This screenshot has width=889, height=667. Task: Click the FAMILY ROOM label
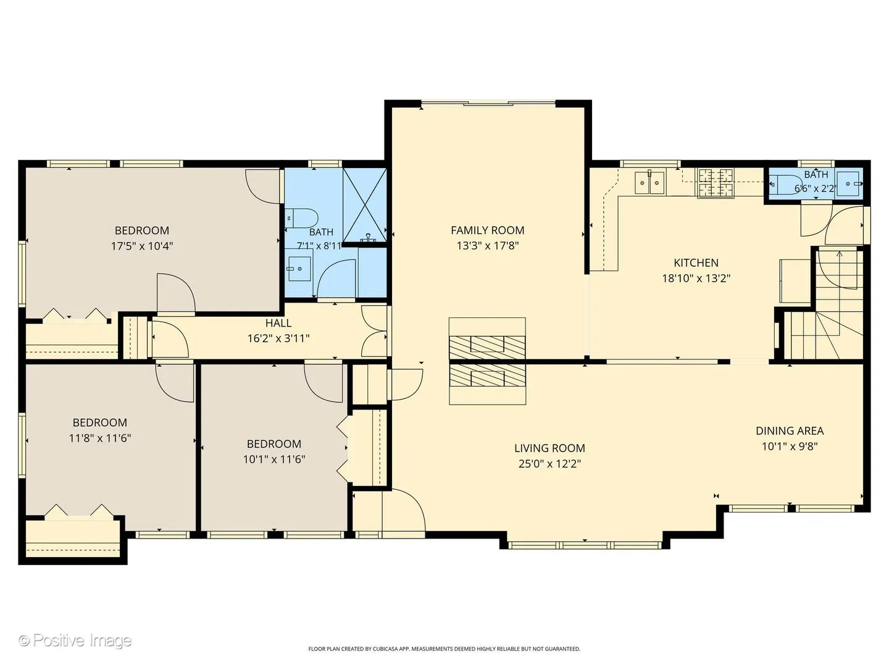pyautogui.click(x=487, y=230)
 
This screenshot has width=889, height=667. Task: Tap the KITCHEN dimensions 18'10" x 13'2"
pyautogui.click(x=696, y=279)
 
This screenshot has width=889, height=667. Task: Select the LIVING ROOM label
pyautogui.click(x=549, y=448)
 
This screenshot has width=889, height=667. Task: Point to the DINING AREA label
pyautogui.click(x=790, y=431)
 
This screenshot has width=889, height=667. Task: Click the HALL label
pyautogui.click(x=278, y=323)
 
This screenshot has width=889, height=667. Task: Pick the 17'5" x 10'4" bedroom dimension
pyautogui.click(x=142, y=246)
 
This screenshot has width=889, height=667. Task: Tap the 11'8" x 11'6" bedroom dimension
pyautogui.click(x=99, y=438)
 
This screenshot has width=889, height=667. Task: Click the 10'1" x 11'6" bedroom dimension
pyautogui.click(x=273, y=459)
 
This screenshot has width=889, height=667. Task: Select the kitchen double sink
pyautogui.click(x=649, y=183)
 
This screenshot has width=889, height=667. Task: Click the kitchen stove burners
pyautogui.click(x=716, y=183)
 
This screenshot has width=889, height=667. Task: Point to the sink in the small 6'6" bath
pyautogui.click(x=848, y=184)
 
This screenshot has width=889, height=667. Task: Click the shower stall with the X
pyautogui.click(x=364, y=205)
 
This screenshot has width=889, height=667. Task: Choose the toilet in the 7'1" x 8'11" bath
pyautogui.click(x=301, y=218)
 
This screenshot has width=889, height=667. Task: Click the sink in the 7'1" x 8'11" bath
pyautogui.click(x=299, y=268)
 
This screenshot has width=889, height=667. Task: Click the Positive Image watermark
pyautogui.click(x=75, y=640)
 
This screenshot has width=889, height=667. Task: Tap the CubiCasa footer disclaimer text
pyautogui.click(x=444, y=648)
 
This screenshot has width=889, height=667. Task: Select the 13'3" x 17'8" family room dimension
pyautogui.click(x=487, y=246)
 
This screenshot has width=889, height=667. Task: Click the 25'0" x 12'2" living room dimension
pyautogui.click(x=549, y=464)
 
